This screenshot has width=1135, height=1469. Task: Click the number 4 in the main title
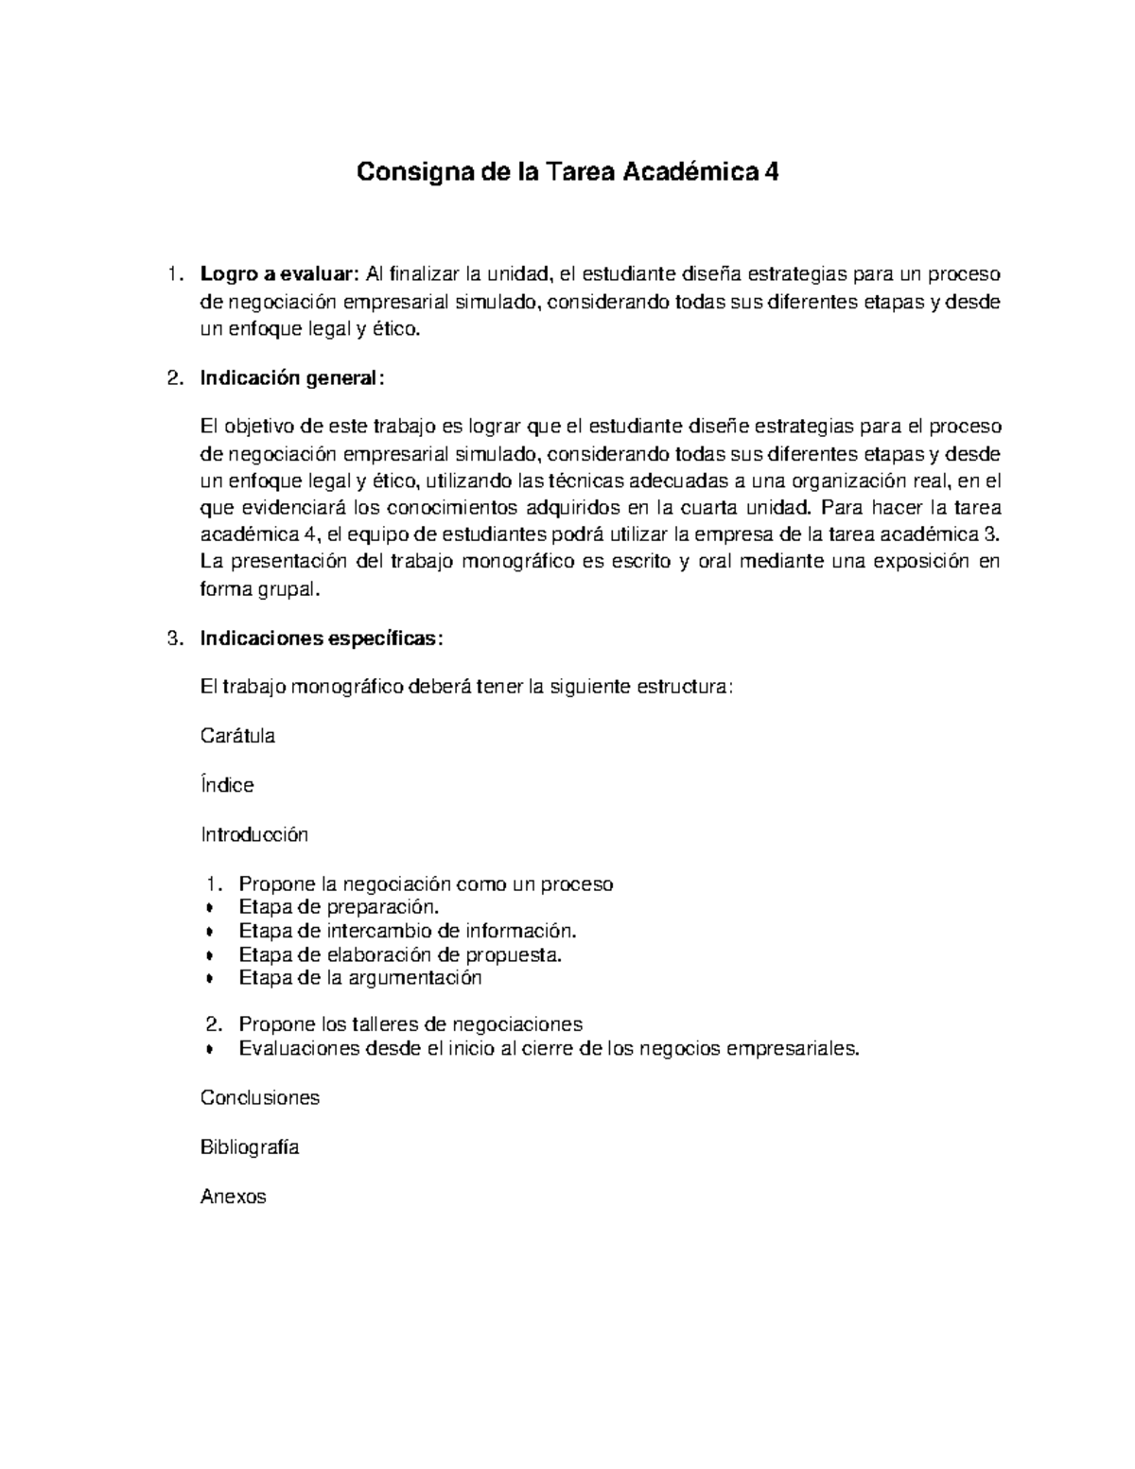point(772,173)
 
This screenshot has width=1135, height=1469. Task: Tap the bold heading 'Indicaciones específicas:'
point(322,638)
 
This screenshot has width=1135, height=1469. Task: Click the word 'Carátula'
point(237,736)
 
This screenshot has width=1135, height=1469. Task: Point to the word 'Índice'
point(227,785)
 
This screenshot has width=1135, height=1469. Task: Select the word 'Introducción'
point(254,834)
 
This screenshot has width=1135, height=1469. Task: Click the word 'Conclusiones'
point(260,1097)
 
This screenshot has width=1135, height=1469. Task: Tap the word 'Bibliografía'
point(250,1147)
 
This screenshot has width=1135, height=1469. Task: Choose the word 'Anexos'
point(234,1197)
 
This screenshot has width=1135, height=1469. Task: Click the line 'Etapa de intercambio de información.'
point(407,931)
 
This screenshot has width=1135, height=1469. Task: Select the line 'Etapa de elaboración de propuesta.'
point(400,954)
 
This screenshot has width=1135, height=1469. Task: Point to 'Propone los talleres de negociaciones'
point(410,1024)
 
